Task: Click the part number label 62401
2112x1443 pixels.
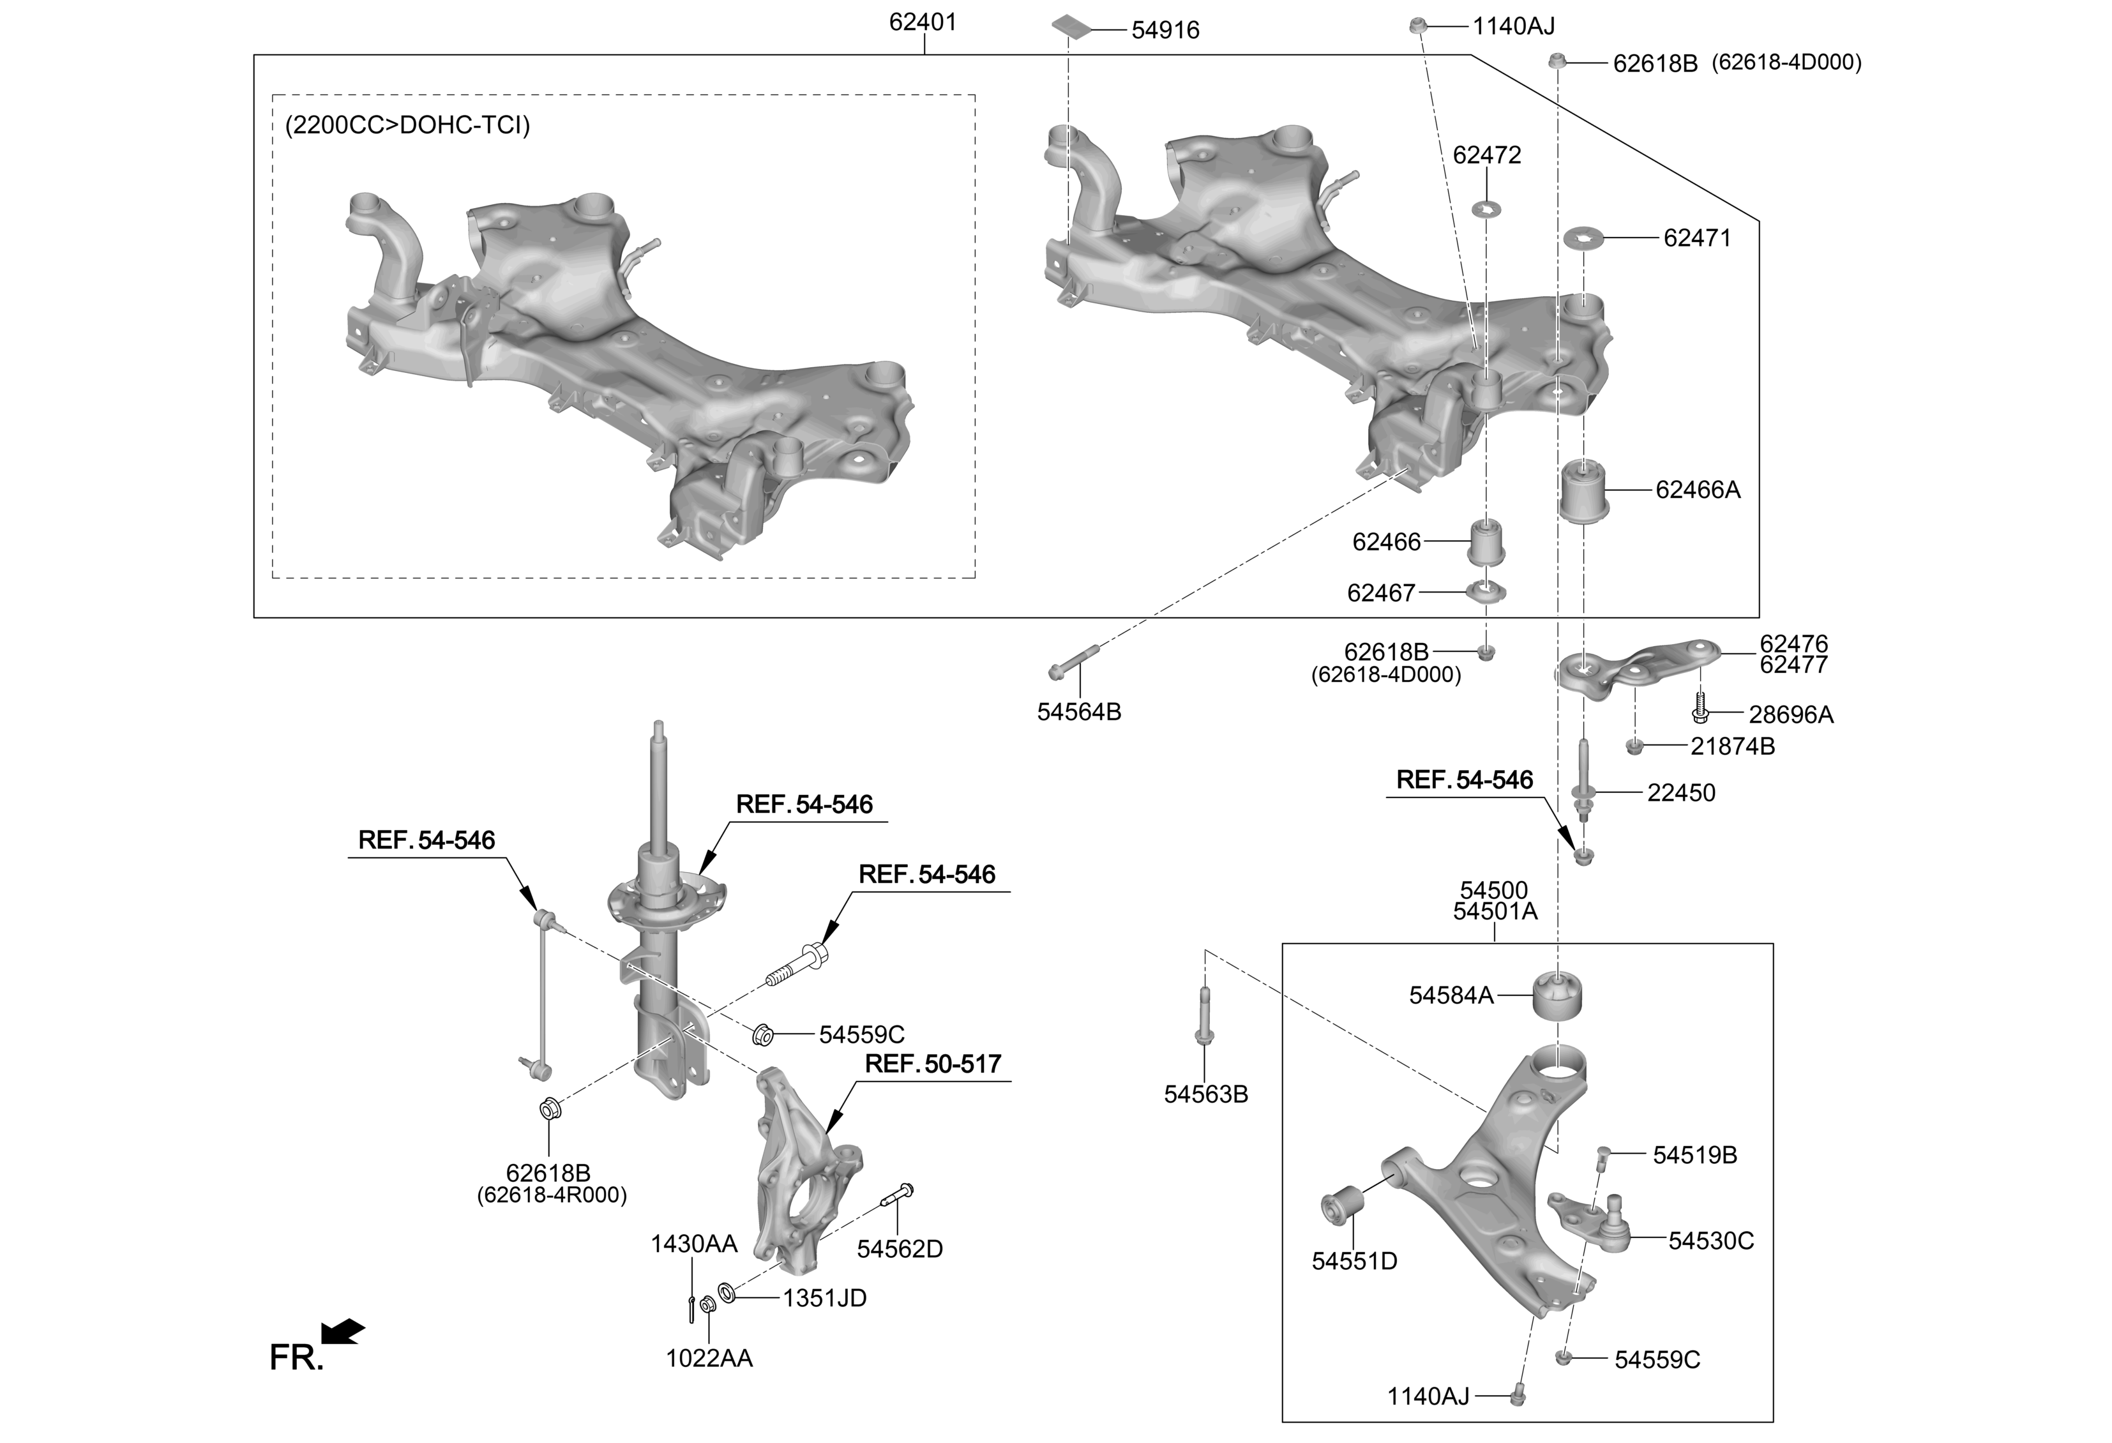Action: click(923, 22)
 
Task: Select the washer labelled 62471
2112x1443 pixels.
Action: click(1583, 239)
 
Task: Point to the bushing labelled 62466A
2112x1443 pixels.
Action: click(1584, 492)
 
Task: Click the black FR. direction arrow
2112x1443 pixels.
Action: click(343, 1331)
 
